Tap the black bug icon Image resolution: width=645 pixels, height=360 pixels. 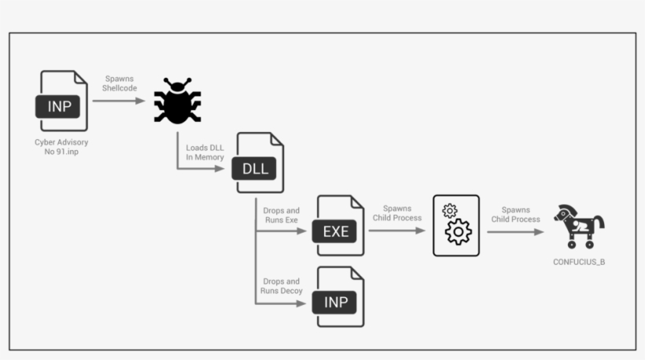[x=177, y=101]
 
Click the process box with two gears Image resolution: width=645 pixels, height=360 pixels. [x=456, y=226]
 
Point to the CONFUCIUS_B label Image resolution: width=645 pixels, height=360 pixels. [x=579, y=261]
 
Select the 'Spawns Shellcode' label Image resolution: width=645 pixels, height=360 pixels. [x=119, y=84]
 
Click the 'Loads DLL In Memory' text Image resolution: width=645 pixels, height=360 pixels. [x=205, y=152]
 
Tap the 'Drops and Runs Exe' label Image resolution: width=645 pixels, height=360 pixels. [x=281, y=215]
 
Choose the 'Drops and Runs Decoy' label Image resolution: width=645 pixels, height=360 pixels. [x=281, y=286]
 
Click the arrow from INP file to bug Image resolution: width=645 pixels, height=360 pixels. [x=119, y=101]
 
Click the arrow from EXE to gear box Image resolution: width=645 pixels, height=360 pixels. [x=397, y=231]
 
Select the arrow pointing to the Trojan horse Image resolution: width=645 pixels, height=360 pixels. [x=515, y=232]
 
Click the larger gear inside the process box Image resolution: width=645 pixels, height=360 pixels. [x=458, y=233]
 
